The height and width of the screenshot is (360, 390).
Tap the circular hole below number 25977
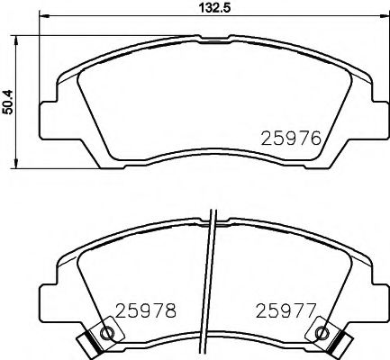tap(322, 335)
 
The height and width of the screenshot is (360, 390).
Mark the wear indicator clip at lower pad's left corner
tap(89, 343)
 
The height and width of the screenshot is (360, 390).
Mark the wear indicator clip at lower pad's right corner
tap(340, 343)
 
